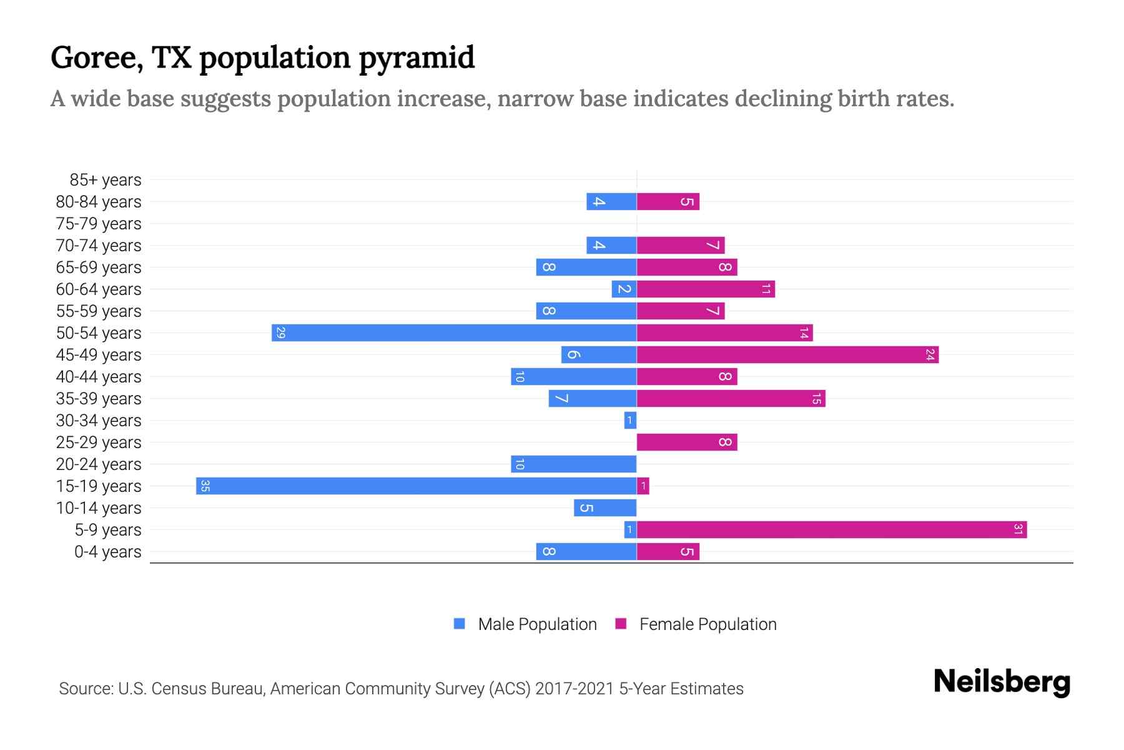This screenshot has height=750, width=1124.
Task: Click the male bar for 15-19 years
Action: pos(416,486)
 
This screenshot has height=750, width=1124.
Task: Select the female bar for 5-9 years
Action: pos(832,530)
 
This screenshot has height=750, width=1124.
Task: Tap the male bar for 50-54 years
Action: pos(454,333)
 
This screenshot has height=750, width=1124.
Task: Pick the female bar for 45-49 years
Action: pos(787,355)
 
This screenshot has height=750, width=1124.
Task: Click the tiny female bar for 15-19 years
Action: pos(643,486)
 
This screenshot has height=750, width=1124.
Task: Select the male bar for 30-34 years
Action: pos(630,421)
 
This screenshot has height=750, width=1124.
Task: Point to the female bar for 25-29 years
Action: pos(687,442)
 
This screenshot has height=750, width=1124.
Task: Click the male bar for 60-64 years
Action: pos(624,289)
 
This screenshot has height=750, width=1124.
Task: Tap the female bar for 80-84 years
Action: pos(668,202)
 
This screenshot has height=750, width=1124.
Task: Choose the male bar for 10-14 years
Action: pos(605,508)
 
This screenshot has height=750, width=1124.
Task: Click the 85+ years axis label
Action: pos(106,180)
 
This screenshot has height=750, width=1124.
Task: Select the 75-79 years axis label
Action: pos(99,224)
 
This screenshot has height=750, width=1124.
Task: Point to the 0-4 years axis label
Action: pos(107,552)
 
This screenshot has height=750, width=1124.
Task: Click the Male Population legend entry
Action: pos(536,624)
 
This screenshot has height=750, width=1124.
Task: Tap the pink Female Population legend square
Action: pos(621,624)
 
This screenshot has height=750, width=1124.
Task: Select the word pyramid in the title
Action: pos(417,57)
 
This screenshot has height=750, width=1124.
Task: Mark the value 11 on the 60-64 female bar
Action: pos(766,289)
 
